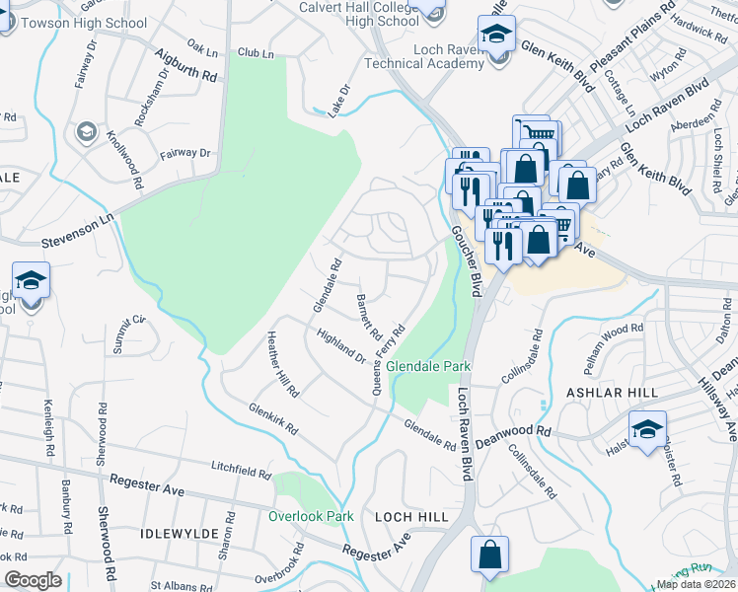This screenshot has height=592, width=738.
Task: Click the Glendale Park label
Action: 428,366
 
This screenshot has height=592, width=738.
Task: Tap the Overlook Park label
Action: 311,516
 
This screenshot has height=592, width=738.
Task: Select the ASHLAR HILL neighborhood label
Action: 612,393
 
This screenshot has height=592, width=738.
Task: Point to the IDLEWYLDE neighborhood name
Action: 179,533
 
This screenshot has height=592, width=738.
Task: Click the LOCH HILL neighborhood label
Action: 411,516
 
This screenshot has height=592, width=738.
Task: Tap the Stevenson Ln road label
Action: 79,234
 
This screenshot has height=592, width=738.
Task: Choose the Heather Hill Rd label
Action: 282,364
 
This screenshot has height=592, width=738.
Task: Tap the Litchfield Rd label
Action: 241,469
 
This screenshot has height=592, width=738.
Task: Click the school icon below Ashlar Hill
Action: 647,430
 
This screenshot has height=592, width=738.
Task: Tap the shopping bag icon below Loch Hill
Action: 489,555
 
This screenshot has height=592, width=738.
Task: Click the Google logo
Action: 33,580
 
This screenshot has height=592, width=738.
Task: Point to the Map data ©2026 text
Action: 697,584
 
